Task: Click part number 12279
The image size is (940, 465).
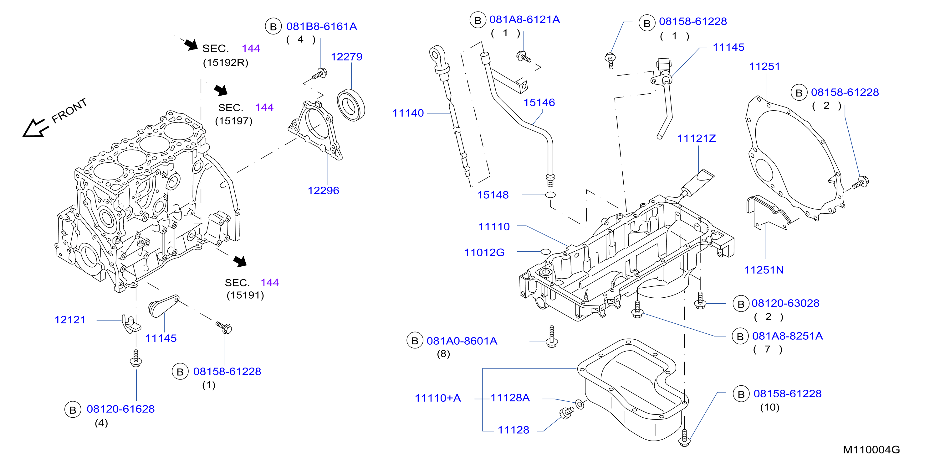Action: tap(346, 57)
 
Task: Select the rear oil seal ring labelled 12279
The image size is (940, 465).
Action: tap(351, 105)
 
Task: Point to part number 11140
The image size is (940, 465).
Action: tap(408, 113)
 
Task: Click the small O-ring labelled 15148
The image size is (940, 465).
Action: tap(550, 195)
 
